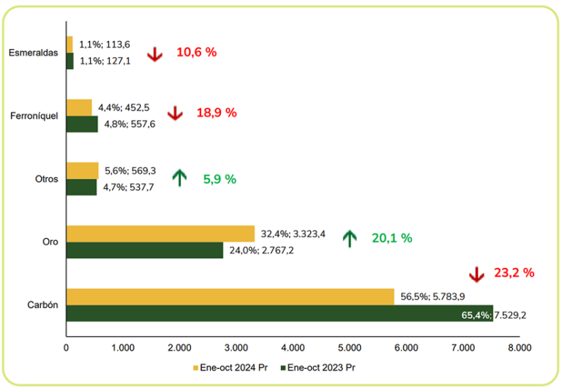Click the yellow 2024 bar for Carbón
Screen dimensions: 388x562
pyautogui.click(x=231, y=297)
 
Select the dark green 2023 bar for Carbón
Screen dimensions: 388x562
pyautogui.click(x=280, y=314)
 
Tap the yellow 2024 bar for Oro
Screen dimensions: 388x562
pyautogui.click(x=160, y=234)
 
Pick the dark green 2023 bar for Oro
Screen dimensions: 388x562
pyautogui.click(x=145, y=250)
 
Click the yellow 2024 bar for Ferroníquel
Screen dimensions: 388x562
pyautogui.click(x=79, y=108)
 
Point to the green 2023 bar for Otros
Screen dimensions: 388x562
pyautogui.click(x=81, y=187)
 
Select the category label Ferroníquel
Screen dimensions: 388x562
pyautogui.click(x=35, y=116)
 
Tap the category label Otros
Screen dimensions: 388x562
pyautogui.click(x=46, y=179)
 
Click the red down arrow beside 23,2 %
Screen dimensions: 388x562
pyautogui.click(x=476, y=274)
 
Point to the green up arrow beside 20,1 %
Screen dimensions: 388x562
pyautogui.click(x=350, y=238)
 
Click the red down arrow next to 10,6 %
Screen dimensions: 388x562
pyautogui.click(x=154, y=53)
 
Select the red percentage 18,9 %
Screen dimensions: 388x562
pyautogui.click(x=217, y=113)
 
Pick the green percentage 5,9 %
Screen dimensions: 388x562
pyautogui.click(x=220, y=178)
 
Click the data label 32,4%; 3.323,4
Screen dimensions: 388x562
pyautogui.click(x=293, y=235)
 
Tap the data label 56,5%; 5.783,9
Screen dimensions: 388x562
pyautogui.click(x=432, y=297)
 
